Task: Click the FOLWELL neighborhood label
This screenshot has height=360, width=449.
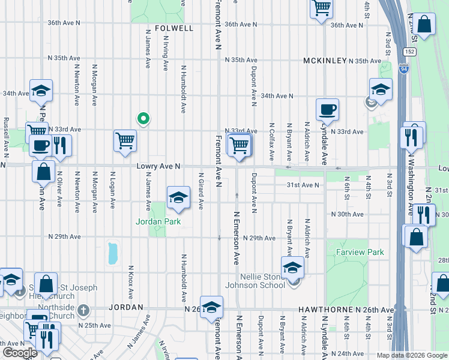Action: [174, 28]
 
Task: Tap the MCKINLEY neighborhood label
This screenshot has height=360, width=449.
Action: [325, 61]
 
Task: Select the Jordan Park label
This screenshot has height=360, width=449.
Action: [158, 221]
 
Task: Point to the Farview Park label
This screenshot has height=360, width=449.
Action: [360, 253]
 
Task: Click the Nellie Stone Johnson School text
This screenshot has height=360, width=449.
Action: [255, 281]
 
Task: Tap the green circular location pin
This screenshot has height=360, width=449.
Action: [143, 118]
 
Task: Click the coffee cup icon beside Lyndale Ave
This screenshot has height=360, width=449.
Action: [327, 110]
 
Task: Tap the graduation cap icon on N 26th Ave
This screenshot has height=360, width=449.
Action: [211, 308]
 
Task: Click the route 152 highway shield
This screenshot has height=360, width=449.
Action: [409, 52]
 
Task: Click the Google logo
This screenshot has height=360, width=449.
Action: [20, 353]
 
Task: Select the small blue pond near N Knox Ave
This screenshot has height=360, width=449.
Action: [112, 253]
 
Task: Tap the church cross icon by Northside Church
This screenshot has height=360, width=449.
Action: [84, 311]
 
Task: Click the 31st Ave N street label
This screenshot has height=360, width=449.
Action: [304, 185]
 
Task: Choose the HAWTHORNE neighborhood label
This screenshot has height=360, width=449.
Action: [323, 310]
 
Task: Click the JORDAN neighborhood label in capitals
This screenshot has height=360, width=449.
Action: [126, 307]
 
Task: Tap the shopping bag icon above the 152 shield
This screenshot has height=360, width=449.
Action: [424, 25]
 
